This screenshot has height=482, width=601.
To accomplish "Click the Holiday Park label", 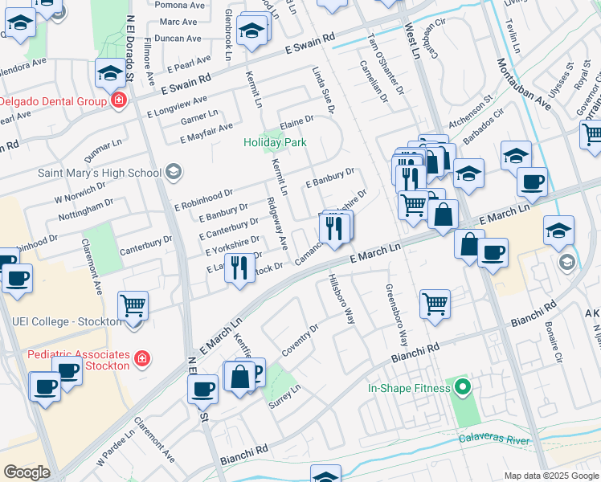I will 275,143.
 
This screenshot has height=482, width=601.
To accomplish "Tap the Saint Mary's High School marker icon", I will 172,172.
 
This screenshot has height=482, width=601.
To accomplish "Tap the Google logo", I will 27,472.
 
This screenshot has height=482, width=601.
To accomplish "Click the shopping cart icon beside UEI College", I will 133,305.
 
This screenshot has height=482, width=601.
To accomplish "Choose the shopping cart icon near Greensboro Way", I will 435,304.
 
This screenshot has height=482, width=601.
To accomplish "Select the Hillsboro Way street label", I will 340,299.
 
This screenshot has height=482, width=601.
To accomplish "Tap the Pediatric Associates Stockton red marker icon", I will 141,358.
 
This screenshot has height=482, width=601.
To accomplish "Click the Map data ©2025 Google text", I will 550,476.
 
